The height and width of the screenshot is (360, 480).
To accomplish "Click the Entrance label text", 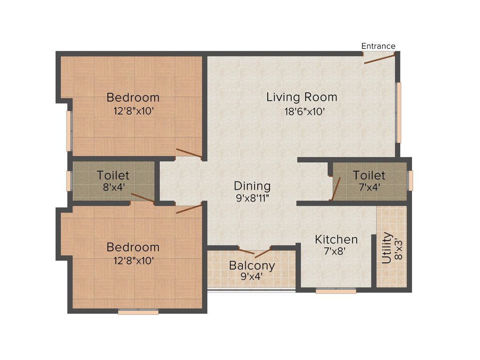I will pyautogui.click(x=378, y=46).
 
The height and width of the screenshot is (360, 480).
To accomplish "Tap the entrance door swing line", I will pyautogui.click(x=380, y=59).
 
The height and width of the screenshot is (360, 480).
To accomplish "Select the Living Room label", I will pyautogui.click(x=302, y=97).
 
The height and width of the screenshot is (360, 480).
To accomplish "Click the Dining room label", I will pyautogui.click(x=252, y=186).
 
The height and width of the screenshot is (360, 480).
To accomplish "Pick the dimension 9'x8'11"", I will pyautogui.click(x=252, y=198).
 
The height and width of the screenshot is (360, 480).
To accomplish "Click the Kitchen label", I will pyautogui.click(x=336, y=239).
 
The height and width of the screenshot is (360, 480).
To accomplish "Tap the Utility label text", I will pyautogui.click(x=386, y=248).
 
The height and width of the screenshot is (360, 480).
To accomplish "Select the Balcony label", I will pyautogui.click(x=252, y=265).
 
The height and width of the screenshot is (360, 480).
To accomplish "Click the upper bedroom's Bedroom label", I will pyautogui.click(x=133, y=97).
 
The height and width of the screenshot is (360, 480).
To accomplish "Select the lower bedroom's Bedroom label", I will pyautogui.click(x=133, y=247).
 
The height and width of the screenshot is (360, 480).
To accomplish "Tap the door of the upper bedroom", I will pyautogui.click(x=189, y=153).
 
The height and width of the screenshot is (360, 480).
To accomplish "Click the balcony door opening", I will pyautogui.click(x=255, y=252).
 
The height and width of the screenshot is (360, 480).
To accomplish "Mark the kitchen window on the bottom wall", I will pyautogui.click(x=336, y=291).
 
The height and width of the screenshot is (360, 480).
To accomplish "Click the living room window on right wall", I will pyautogui.click(x=399, y=112).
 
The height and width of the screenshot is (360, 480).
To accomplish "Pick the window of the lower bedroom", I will pyautogui.click(x=138, y=312).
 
